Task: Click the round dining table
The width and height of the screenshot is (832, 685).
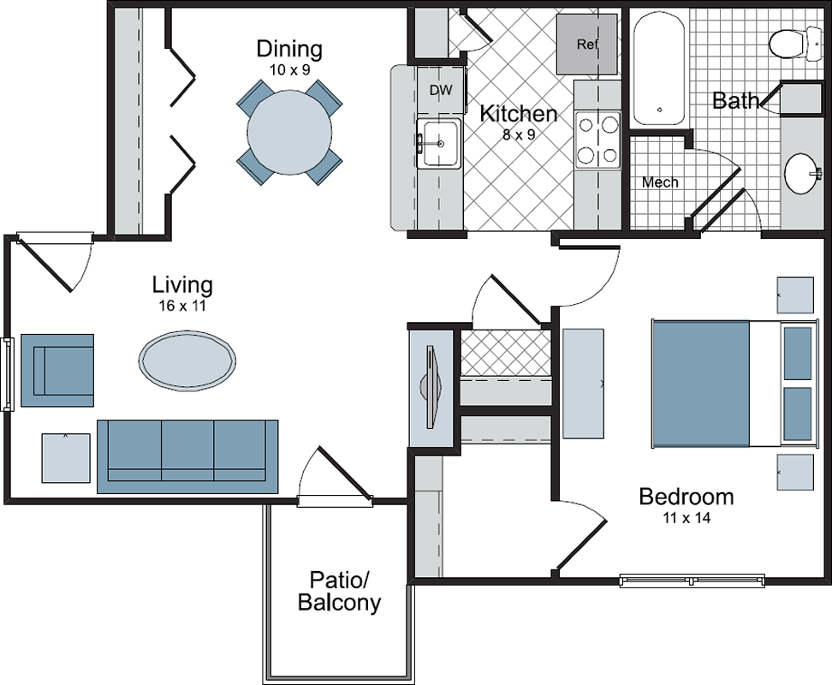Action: pos(289,132)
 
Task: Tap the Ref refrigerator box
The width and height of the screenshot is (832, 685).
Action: pos(587,44)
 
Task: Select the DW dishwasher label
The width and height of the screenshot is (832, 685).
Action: pos(441,90)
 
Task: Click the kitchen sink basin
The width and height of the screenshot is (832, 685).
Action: pos(439,144)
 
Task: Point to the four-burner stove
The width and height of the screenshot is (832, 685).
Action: pos(597,140)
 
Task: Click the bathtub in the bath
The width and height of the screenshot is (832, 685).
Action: pos(660,68)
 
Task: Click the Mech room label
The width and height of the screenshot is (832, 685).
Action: pos(660,182)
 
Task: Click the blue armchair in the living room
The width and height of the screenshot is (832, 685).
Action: pos(57,371)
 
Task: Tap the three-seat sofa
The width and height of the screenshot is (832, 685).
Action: pos(187,457)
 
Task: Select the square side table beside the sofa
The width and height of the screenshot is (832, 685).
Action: pos(66,458)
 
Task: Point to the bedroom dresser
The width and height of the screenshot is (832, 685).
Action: pos(583,384)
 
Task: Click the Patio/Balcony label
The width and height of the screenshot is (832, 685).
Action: pos(339,591)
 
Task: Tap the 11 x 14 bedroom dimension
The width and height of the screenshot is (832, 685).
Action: pos(686,517)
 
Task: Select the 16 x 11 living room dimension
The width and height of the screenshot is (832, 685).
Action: pos(182,306)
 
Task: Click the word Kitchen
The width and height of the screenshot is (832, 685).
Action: pos(519,114)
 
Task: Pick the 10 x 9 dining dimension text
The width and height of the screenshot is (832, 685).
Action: pos(289,69)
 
